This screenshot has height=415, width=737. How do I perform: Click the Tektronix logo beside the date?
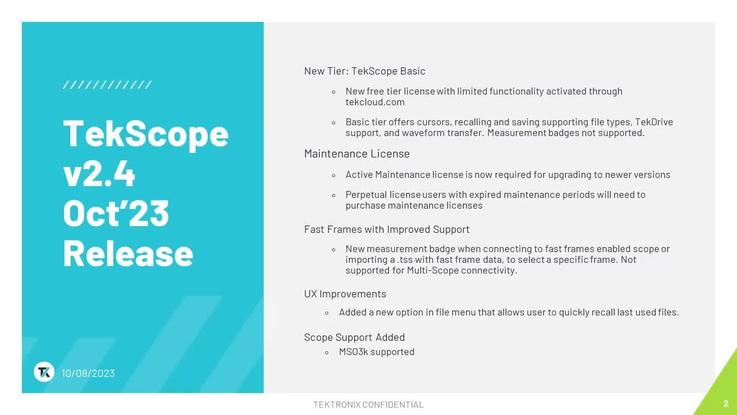coord(44,372)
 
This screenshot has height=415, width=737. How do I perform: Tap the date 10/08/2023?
coord(88,373)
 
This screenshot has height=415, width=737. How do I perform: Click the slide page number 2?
coord(726,403)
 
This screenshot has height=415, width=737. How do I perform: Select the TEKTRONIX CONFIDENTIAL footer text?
coord(368,405)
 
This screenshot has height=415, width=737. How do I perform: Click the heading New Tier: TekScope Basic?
coord(364,71)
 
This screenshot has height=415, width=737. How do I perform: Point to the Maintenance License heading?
coord(356,154)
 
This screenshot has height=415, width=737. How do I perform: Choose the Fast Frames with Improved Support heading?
coord(386,229)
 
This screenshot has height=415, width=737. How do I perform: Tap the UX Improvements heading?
coord(345,294)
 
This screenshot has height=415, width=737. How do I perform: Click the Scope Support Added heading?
coord(354,337)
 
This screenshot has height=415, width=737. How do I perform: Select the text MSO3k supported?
coord(377,352)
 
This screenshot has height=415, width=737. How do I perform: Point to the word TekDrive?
coord(654,122)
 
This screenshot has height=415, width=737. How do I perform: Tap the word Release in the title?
coord(128,253)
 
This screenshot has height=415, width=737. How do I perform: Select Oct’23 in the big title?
coord(116,213)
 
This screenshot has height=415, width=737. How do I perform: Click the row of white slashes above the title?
coord(107,85)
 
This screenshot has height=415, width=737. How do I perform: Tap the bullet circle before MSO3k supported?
coord(326,352)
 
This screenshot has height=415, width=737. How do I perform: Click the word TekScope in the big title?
coord(146,133)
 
